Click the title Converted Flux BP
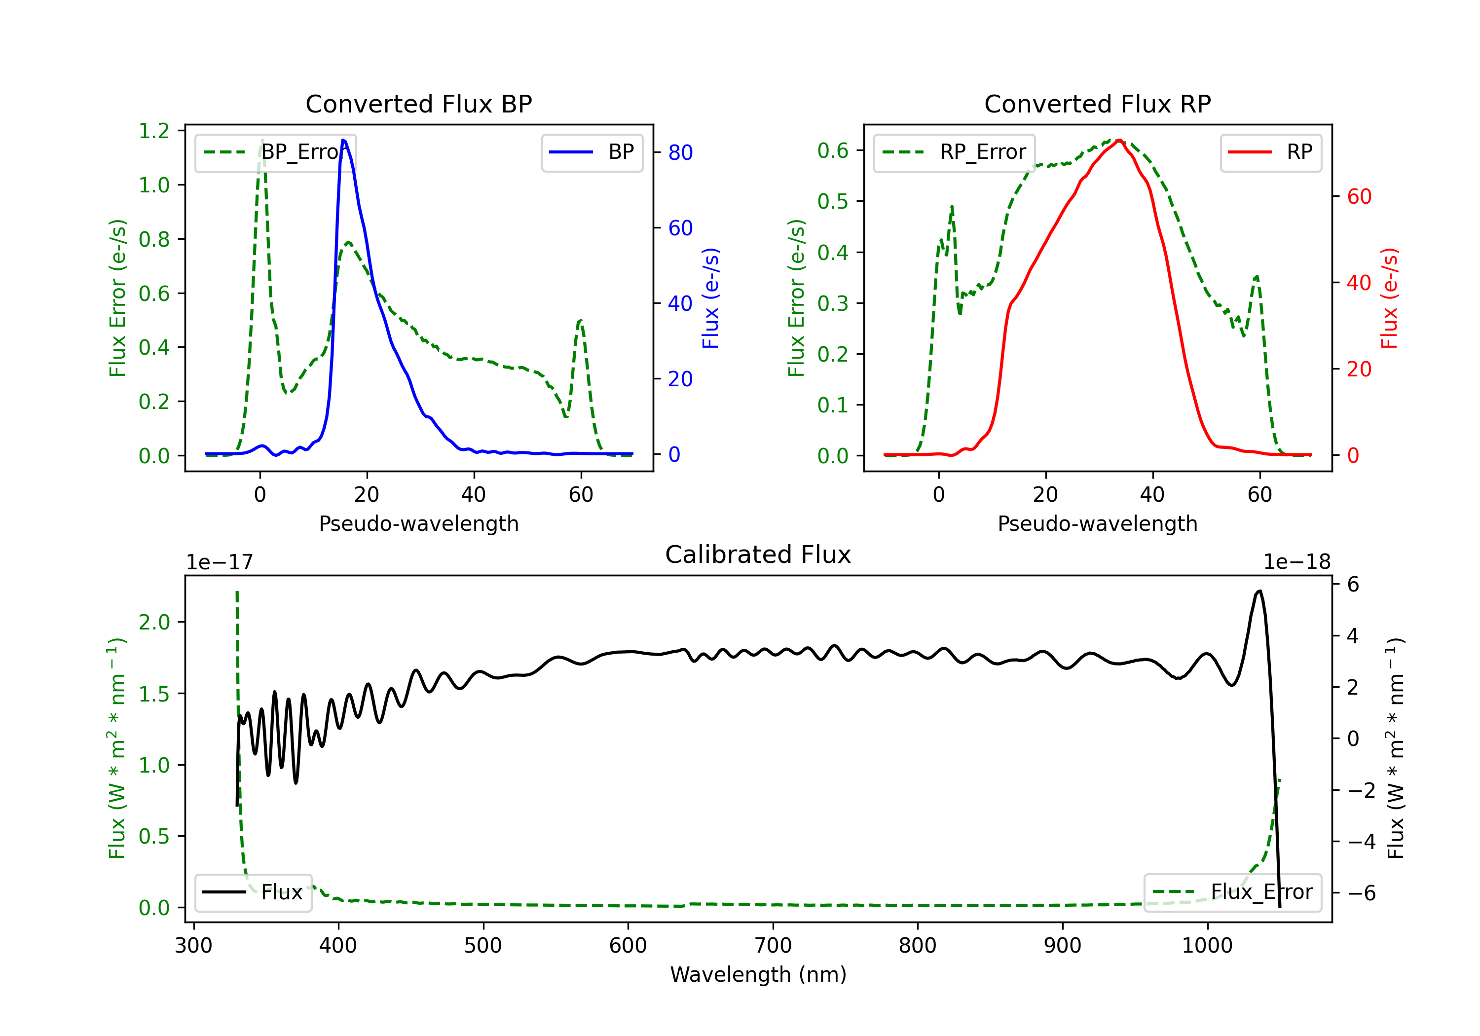click(x=418, y=104)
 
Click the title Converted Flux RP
click(x=1097, y=104)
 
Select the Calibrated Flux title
click(x=758, y=555)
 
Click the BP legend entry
click(x=592, y=152)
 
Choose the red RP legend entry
click(x=1270, y=152)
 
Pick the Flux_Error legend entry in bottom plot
click(x=1232, y=892)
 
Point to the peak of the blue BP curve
click(x=343, y=140)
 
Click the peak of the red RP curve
click(x=1119, y=141)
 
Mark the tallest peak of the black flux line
click(x=1259, y=591)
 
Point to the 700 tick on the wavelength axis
click(x=773, y=946)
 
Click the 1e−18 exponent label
click(x=1297, y=562)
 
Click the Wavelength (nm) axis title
click(x=758, y=975)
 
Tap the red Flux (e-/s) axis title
click(x=1389, y=298)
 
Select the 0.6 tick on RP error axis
click(x=833, y=151)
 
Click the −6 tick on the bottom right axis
click(x=1362, y=893)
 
